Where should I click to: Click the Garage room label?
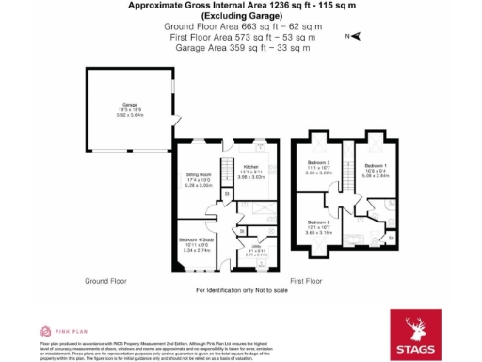pos(130,105)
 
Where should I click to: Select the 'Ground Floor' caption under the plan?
pos(105,281)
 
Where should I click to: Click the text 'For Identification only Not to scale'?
pos(241,290)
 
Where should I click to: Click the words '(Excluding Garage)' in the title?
pos(241,18)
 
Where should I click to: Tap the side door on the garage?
pos(173,123)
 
